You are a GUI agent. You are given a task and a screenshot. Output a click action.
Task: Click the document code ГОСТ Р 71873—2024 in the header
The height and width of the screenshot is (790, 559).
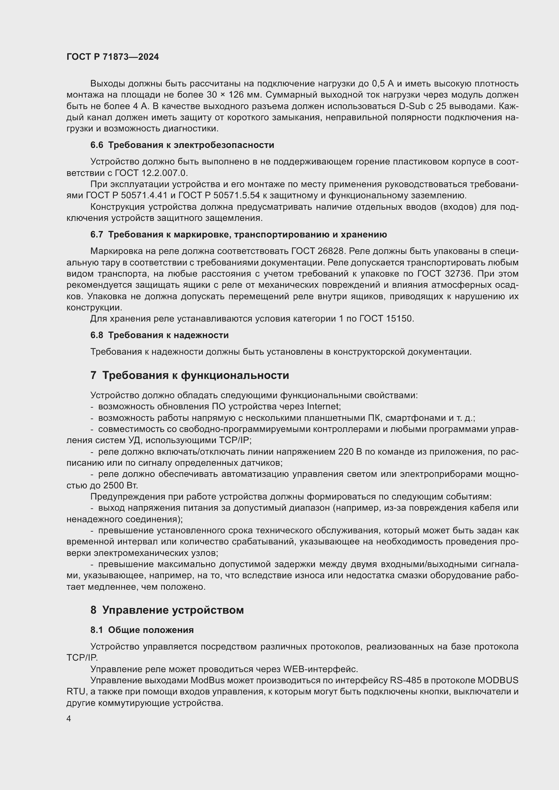113,57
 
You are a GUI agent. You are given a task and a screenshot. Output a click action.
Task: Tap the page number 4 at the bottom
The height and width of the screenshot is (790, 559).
69,719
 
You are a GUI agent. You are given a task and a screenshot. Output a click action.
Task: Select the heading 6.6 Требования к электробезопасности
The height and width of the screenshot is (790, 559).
182,145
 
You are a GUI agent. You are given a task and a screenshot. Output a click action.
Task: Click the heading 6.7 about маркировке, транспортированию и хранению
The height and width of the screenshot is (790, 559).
239,234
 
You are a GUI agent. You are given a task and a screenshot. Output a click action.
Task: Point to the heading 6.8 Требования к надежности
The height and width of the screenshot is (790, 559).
160,335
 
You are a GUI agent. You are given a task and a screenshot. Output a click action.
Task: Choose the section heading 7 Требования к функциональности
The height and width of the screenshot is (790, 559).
190,375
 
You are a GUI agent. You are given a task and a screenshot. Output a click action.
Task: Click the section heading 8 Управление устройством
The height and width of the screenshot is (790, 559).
167,610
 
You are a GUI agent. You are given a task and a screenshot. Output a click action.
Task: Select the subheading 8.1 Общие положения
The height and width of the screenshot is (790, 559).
142,630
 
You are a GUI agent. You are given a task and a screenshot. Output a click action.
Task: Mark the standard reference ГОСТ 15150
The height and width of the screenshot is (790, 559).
386,318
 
